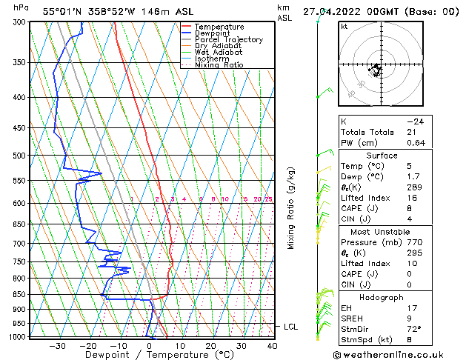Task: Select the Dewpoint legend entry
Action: tap(213, 33)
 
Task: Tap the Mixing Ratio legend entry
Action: tap(219, 65)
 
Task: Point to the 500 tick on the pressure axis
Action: tap(19, 156)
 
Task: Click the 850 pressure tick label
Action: tap(19, 295)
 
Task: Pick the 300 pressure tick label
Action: tap(19, 22)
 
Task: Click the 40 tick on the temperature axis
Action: tap(272, 345)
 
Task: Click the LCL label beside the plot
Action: tap(291, 327)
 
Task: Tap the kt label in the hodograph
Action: tap(344, 26)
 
